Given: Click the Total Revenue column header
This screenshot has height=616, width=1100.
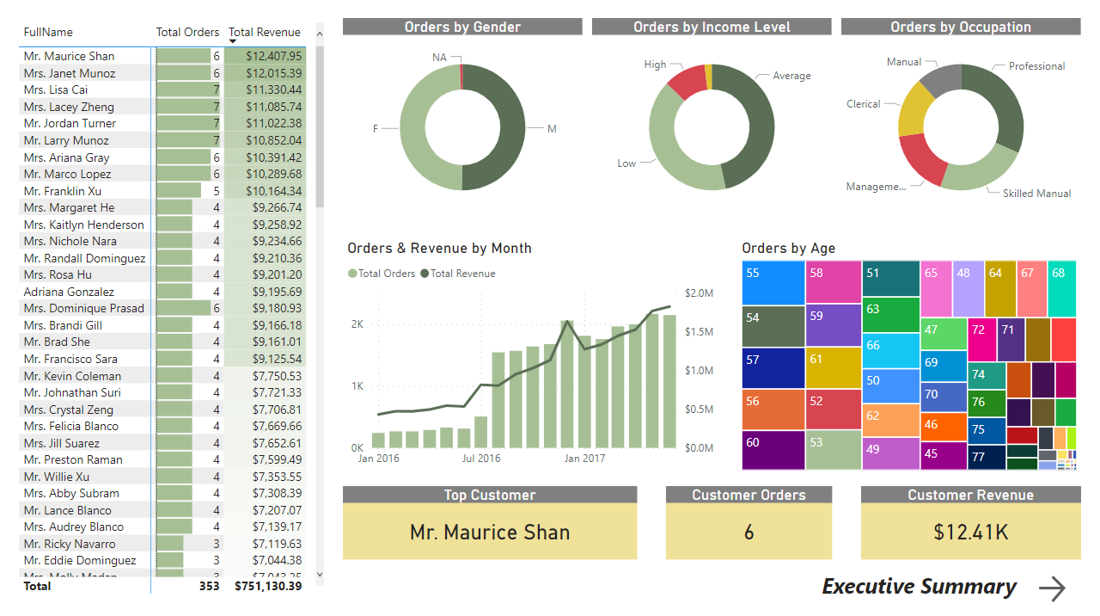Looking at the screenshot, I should pyautogui.click(x=265, y=32).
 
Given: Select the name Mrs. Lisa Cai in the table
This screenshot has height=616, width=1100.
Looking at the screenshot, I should pyautogui.click(x=56, y=89).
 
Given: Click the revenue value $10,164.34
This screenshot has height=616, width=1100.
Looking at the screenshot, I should pyautogui.click(x=273, y=191).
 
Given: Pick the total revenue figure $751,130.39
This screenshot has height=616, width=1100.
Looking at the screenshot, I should pyautogui.click(x=268, y=586).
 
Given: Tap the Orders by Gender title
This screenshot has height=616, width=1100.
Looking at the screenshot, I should pyautogui.click(x=462, y=27).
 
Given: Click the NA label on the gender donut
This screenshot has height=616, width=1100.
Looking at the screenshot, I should pyautogui.click(x=439, y=57).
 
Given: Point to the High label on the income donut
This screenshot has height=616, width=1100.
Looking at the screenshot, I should pyautogui.click(x=655, y=65).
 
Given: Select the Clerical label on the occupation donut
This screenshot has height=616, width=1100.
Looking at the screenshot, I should pyautogui.click(x=863, y=104).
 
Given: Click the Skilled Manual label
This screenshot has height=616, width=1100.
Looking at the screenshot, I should pyautogui.click(x=1036, y=194).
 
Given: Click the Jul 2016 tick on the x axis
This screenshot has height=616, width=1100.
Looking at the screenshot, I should pyautogui.click(x=481, y=459).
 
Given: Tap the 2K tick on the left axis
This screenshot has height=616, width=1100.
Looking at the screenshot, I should pyautogui.click(x=357, y=324).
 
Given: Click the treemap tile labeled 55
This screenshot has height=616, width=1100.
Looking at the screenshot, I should pyautogui.click(x=773, y=282).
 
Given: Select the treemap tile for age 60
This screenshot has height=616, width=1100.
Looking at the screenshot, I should pyautogui.click(x=773, y=450).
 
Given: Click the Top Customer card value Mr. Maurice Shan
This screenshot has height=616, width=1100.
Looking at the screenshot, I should pyautogui.click(x=490, y=533).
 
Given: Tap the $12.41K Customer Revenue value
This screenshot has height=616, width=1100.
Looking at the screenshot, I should pyautogui.click(x=971, y=533).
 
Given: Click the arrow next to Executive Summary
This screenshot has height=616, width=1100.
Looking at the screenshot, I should pyautogui.click(x=1052, y=588).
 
